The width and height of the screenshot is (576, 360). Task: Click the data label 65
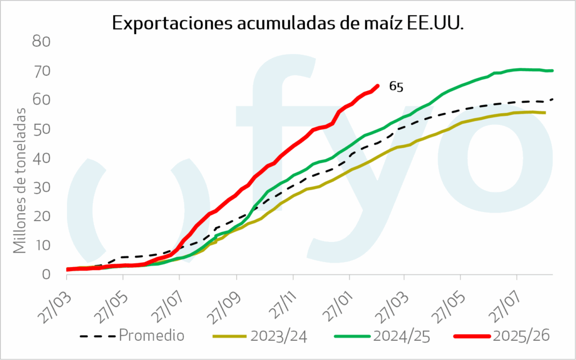click(396, 87)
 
